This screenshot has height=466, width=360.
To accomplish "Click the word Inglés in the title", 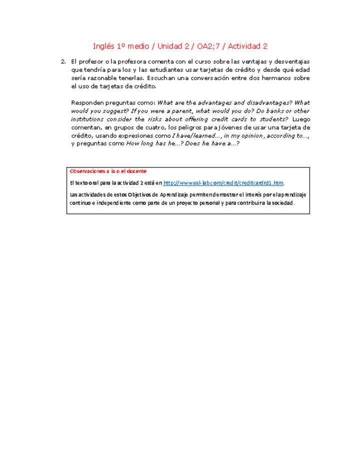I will pyautogui.click(x=103, y=46).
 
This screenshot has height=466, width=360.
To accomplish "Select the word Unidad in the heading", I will pyautogui.click(x=169, y=46).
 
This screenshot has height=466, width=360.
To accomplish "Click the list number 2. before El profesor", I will pyautogui.click(x=63, y=62).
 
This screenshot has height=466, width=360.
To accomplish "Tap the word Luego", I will pyautogui.click(x=301, y=119).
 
